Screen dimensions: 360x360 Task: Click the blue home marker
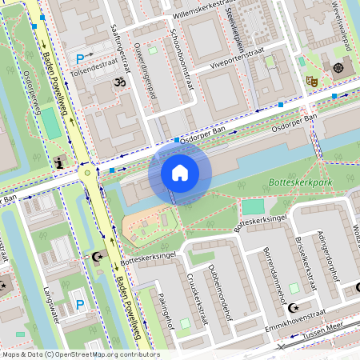pyautogui.click(x=180, y=172)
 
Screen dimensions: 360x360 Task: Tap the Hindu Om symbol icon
pyautogui.click(x=122, y=82)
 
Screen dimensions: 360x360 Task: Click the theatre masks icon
pyautogui.click(x=311, y=81)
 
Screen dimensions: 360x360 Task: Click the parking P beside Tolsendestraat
pyautogui.click(x=80, y=58)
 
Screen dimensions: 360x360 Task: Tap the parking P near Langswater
pyautogui.click(x=79, y=304)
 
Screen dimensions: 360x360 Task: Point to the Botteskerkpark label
pyautogui.click(x=302, y=182)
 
